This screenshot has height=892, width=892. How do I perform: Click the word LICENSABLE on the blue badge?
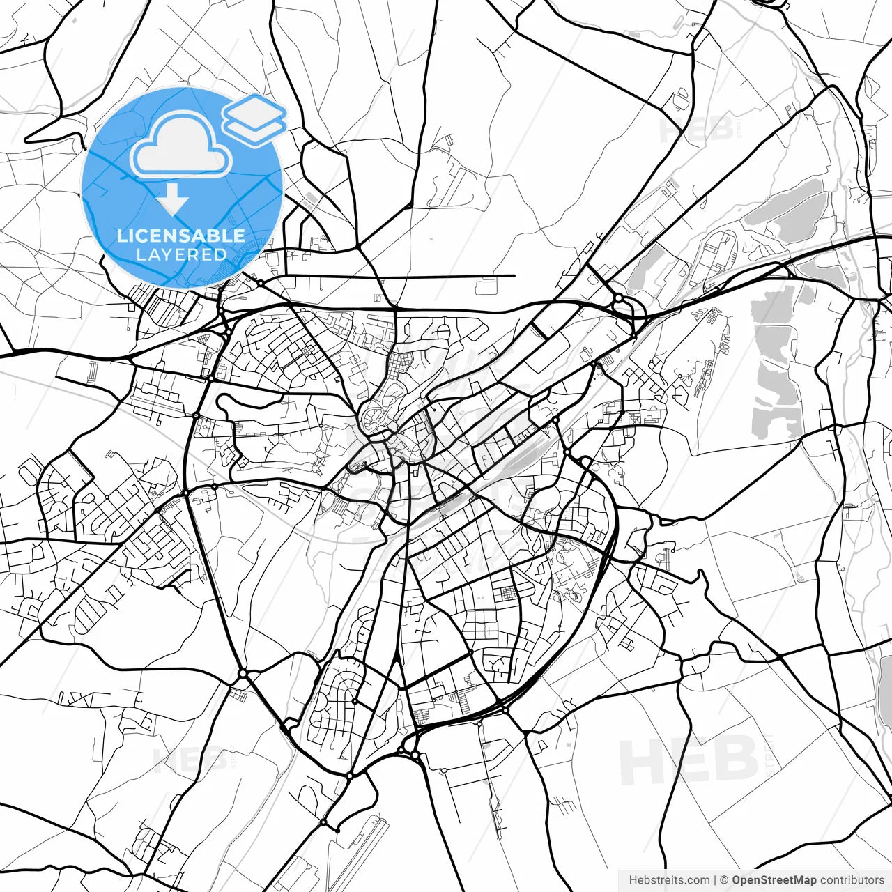pos(181,236)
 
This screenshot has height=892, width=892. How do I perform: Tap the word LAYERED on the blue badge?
pos(181,254)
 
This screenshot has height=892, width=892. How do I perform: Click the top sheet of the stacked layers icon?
pos(254,110)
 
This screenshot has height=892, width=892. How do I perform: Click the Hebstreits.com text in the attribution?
pos(670,880)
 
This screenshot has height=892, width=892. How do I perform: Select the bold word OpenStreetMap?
pos(774,880)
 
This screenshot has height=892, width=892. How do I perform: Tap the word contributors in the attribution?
pos(852,880)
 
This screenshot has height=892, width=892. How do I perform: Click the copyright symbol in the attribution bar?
pos(724,880)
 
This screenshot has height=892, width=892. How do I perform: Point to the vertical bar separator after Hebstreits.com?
pos(716,880)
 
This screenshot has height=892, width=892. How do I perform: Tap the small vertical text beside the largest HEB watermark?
pos(769,760)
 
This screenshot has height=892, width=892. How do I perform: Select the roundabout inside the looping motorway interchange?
pos(618,298)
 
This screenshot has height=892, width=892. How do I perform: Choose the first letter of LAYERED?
pos(140,254)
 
